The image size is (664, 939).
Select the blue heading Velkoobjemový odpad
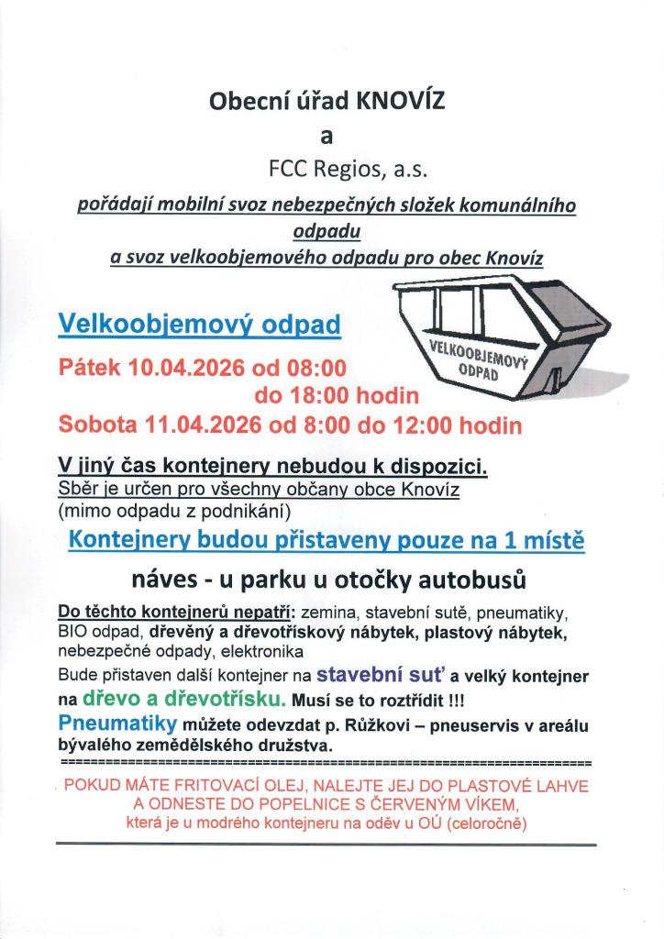pos(199,324)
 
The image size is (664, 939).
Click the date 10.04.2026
pos(186,369)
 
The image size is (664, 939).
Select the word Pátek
pos(91,369)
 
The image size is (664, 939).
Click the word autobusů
pos(480,580)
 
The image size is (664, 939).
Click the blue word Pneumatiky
pos(116,724)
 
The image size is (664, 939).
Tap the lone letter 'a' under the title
pos(327,137)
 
